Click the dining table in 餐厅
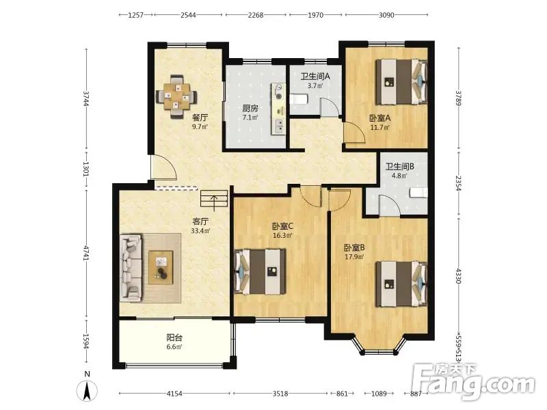pyautogui.click(x=176, y=96)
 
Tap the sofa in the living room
pyautogui.click(x=131, y=267)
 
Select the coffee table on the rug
pyautogui.click(x=161, y=267)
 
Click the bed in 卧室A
pyautogui.click(x=401, y=81)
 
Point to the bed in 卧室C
pyautogui.click(x=260, y=271)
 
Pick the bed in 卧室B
pyautogui.click(x=401, y=284)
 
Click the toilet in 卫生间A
pyautogui.click(x=299, y=99)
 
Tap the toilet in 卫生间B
pyautogui.click(x=419, y=193)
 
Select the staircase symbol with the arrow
pyautogui.click(x=214, y=199)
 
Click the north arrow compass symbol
pyautogui.click(x=88, y=390)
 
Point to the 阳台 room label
pyautogui.click(x=174, y=338)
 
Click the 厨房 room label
pyautogui.click(x=250, y=109)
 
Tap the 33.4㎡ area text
pyautogui.click(x=200, y=230)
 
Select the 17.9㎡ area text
pyautogui.click(x=354, y=257)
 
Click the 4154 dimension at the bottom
pyautogui.click(x=174, y=394)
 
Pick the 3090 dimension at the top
pyautogui.click(x=386, y=15)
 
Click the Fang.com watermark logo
pyautogui.click(x=473, y=382)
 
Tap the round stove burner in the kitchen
pyautogui.click(x=278, y=87)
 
